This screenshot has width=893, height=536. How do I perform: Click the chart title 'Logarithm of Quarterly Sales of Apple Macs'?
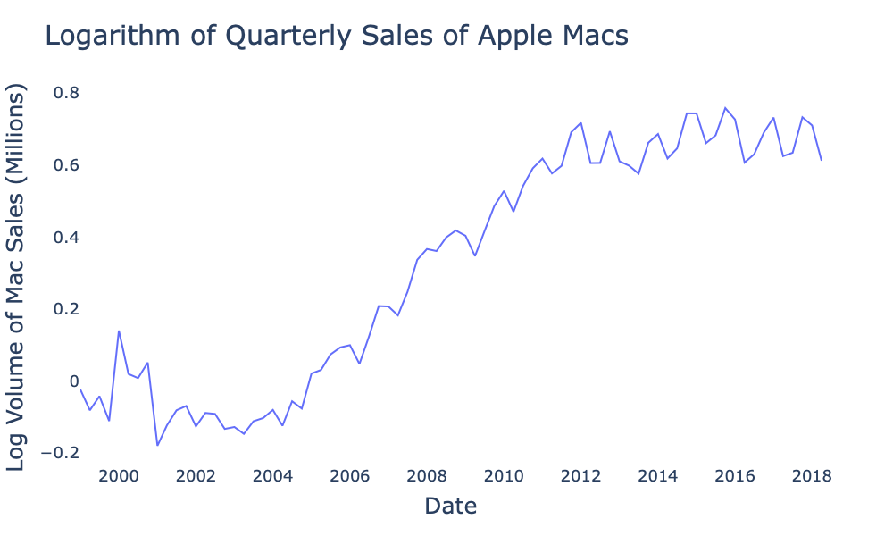point(337,36)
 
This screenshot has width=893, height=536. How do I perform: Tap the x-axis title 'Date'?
point(450,507)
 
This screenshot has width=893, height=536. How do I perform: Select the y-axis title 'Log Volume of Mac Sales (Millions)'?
point(18,278)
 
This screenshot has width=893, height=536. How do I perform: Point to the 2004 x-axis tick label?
point(272,475)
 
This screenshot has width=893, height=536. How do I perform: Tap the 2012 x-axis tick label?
point(580,475)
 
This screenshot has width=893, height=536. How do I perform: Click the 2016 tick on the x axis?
point(735,475)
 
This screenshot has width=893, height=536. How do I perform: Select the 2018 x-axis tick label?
point(812,475)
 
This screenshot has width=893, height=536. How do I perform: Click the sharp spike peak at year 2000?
point(119,331)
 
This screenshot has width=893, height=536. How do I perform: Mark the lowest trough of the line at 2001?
point(157,445)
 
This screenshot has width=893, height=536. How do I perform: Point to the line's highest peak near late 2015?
point(725,108)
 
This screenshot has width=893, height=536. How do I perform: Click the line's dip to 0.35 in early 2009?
point(475,255)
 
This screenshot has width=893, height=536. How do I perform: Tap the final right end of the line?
point(821,160)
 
